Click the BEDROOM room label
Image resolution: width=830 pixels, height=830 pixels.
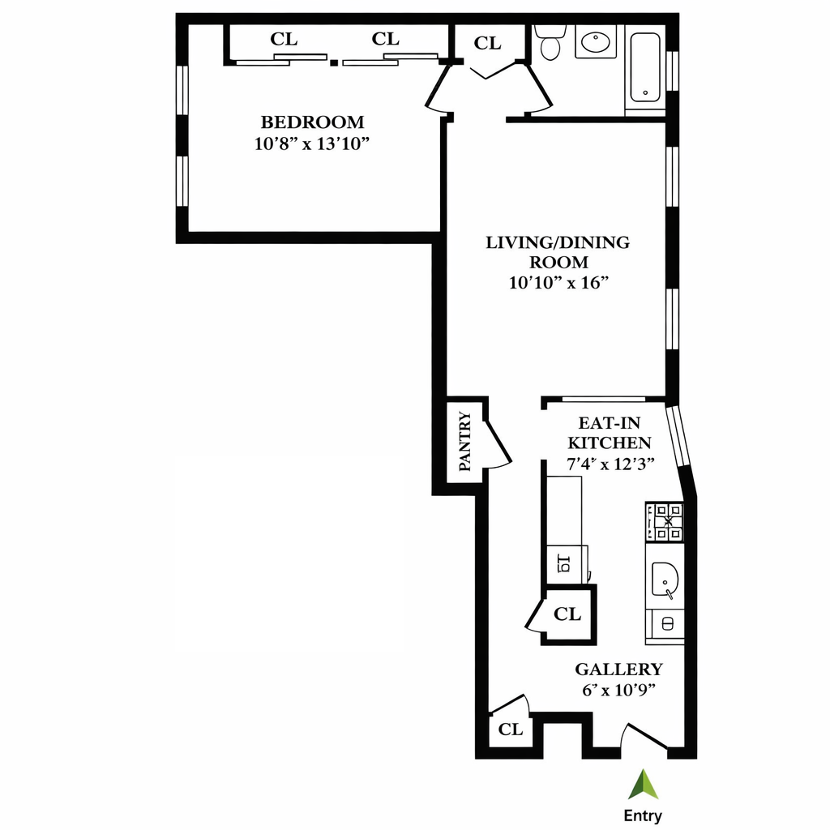pos(312,122)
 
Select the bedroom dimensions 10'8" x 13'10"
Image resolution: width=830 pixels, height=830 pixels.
pos(312,144)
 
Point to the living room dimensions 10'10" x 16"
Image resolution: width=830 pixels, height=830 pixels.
pos(558,283)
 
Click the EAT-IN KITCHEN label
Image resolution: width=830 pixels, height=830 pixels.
pos(610,433)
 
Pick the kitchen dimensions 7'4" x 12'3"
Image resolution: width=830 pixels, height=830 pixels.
pos(610,464)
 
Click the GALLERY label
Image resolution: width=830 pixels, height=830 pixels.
pos(618,670)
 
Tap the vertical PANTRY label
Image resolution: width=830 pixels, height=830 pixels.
pos(465,442)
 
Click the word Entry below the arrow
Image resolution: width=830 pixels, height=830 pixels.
pos(642,815)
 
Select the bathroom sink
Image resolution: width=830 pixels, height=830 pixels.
pos(596,41)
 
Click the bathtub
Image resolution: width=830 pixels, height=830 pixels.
pos(645,66)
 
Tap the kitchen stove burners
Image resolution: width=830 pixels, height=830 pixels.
pos(665,522)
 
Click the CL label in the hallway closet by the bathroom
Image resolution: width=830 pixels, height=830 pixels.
pos(487,44)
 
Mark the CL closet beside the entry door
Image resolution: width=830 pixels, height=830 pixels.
pos(511,729)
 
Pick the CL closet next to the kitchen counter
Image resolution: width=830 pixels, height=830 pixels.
pos(567,614)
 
